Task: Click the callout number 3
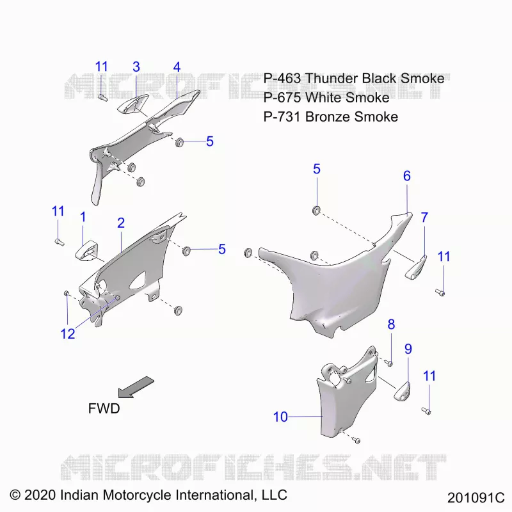136,67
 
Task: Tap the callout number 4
177,67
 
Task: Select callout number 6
407,176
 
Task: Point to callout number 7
424,217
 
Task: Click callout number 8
391,324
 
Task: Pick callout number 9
408,349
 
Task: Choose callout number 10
280,417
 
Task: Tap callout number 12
68,333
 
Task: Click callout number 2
121,223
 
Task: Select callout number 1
83,217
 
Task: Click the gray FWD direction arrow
136,387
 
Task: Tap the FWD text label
104,408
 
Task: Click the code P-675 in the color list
282,98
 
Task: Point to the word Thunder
332,78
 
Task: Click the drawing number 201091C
476,498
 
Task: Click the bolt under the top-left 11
102,97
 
